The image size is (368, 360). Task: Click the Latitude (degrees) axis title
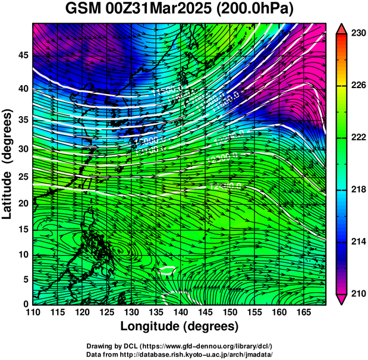point(8,164)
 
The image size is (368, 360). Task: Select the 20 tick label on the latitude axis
point(22,203)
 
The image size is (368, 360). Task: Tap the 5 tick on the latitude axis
point(25,279)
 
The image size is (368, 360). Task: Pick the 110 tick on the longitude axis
point(33,312)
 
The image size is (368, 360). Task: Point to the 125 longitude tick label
point(106,312)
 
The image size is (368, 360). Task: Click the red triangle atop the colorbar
point(341,28)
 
